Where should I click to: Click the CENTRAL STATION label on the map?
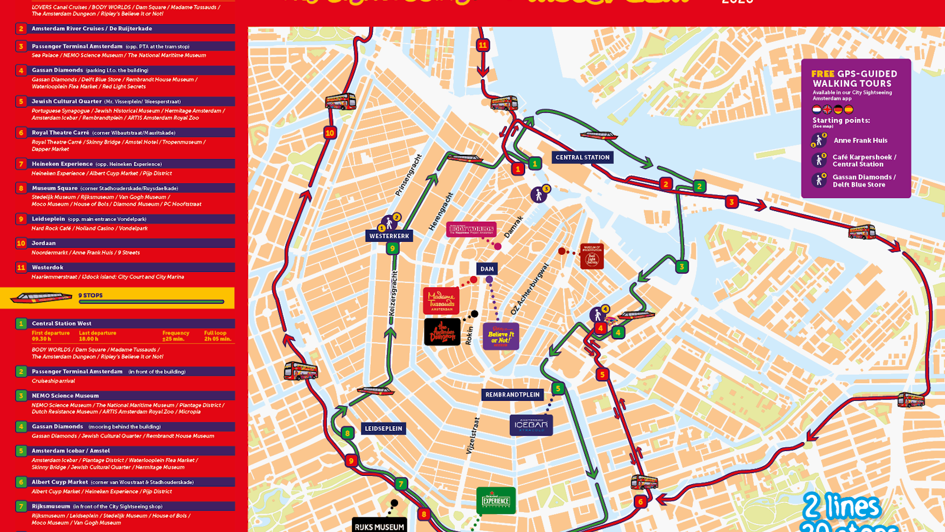[582, 157]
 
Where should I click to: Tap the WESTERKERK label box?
[389, 236]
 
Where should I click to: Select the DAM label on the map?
[487, 269]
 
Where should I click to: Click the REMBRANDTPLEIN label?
[512, 394]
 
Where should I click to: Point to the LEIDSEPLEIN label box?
[383, 429]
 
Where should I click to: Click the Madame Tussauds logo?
[441, 300]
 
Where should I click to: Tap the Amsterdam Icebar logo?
[531, 424]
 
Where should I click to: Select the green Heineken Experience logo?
[496, 500]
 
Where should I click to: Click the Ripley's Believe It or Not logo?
[500, 336]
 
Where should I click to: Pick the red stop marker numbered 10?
[330, 132]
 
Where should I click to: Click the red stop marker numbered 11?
[483, 45]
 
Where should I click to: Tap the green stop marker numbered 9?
[392, 248]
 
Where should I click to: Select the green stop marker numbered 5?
[558, 388]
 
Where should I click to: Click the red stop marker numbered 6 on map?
[640, 502]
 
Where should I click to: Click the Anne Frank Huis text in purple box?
[860, 141]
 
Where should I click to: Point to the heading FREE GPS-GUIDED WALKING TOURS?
[853, 79]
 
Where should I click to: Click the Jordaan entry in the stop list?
[44, 243]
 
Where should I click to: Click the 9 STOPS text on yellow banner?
[90, 295]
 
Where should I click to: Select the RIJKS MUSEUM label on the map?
[379, 526]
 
